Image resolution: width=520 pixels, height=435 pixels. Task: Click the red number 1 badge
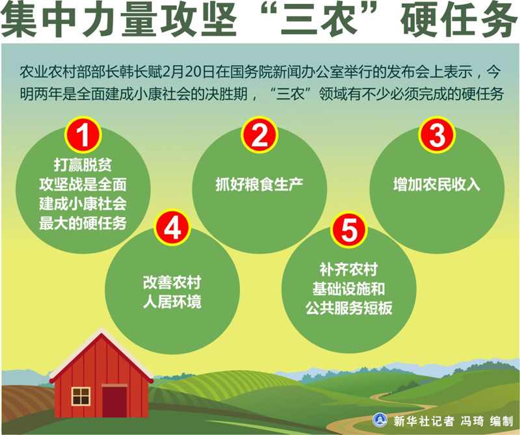(x=83, y=135)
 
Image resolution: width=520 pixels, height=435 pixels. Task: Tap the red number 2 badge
(x=259, y=135)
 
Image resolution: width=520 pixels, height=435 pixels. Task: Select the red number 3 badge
(x=437, y=135)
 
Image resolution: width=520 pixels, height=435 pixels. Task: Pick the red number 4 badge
(x=172, y=228)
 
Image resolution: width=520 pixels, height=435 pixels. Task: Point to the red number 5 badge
(x=349, y=230)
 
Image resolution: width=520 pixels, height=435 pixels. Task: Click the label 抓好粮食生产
(x=259, y=185)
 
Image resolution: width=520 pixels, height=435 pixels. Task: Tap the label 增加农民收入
(x=437, y=185)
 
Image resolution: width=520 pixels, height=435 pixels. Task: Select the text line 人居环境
(x=172, y=302)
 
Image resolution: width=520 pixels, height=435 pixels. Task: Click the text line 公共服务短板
(x=349, y=308)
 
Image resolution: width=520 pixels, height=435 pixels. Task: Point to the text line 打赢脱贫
(x=83, y=165)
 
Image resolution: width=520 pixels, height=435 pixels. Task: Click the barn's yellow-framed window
(x=81, y=396)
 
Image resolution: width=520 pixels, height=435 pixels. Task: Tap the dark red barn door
(x=114, y=401)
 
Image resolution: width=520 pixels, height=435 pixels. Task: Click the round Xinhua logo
(x=380, y=420)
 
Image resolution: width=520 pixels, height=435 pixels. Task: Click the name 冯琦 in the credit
(x=472, y=421)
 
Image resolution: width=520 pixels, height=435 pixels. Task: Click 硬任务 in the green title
(x=459, y=20)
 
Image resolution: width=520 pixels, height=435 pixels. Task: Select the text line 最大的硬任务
(x=83, y=223)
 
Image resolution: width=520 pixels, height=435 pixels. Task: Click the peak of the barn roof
(x=101, y=330)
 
